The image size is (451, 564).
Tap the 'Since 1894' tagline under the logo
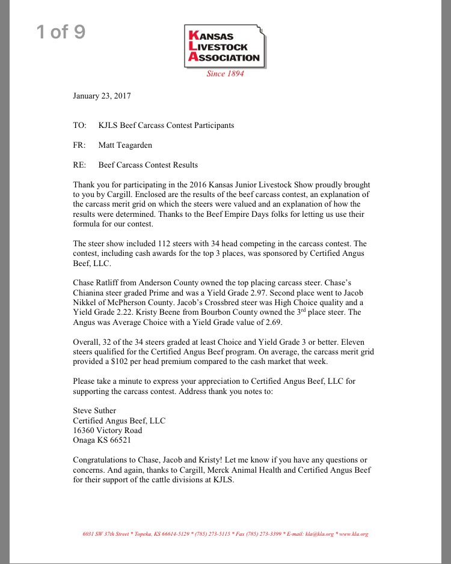click(x=225, y=74)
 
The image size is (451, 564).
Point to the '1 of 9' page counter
click(x=61, y=32)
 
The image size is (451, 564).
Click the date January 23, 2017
click(x=102, y=96)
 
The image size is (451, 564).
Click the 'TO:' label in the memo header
click(x=79, y=126)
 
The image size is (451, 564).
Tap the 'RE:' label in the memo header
click(x=79, y=165)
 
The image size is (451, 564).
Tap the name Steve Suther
click(x=94, y=411)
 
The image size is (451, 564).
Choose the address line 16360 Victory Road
click(x=108, y=431)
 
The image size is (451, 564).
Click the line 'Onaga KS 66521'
click(x=102, y=440)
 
